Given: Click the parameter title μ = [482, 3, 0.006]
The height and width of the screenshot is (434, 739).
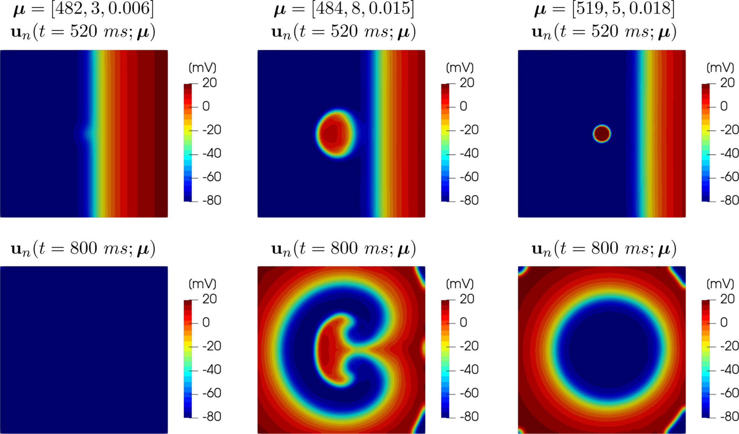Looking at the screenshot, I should coord(83,8).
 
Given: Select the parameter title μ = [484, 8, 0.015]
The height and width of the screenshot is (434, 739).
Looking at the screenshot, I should coord(344,8).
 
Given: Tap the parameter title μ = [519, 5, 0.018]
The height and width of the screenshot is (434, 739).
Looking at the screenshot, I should coord(604,8).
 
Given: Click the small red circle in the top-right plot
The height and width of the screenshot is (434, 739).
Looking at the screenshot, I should coord(601,133).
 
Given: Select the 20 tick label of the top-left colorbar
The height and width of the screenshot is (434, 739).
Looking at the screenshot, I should coord(209,83).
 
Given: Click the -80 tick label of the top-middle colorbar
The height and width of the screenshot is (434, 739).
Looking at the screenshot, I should coord(469,200).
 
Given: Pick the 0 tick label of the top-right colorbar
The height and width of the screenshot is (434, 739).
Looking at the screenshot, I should coord(724,106).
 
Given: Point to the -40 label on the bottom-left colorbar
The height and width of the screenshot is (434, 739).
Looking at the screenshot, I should coord(211,369).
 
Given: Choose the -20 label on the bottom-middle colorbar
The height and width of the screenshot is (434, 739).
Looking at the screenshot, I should coord(469,346).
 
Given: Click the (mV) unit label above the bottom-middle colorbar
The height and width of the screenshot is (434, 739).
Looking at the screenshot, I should coord(460,284).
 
